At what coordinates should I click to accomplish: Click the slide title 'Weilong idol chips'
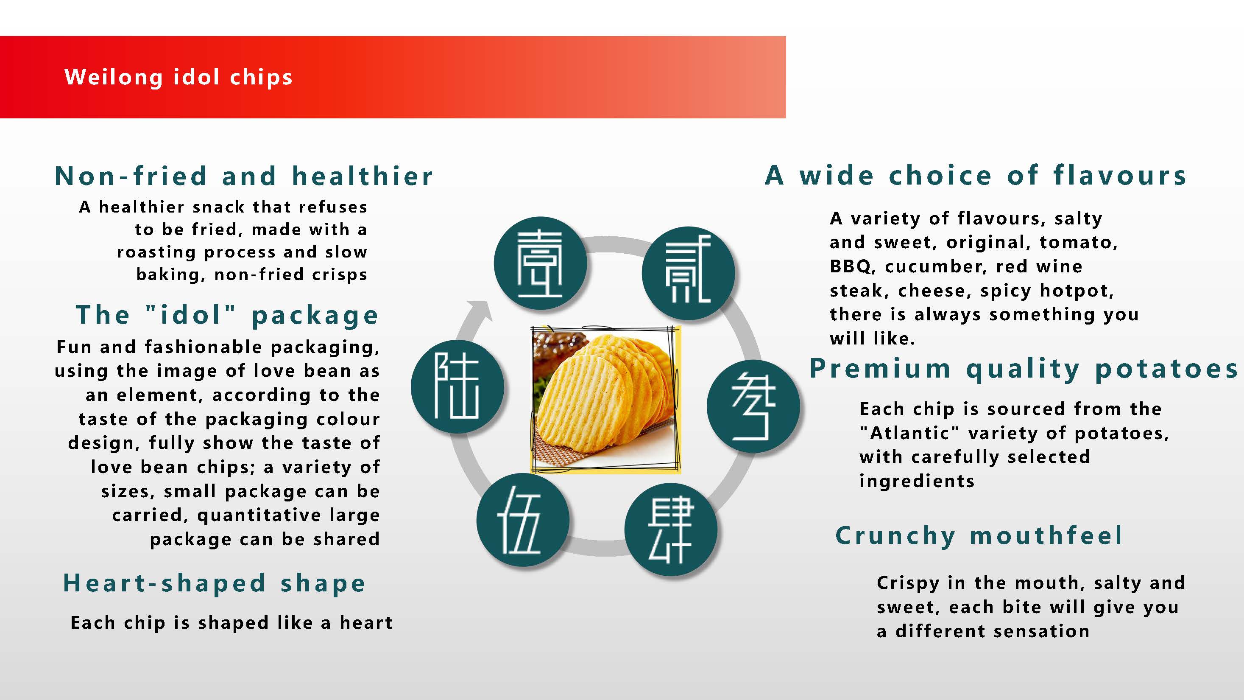(x=178, y=77)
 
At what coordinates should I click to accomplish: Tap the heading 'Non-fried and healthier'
(x=244, y=175)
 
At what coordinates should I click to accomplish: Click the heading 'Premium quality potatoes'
(x=1024, y=370)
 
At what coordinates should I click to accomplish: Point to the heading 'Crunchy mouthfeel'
(x=979, y=536)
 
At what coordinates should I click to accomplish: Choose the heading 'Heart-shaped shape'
(x=214, y=584)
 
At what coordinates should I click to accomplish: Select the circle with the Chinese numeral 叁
(x=753, y=406)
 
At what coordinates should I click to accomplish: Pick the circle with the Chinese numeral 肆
(x=671, y=529)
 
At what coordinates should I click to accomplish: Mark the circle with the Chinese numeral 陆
(x=458, y=386)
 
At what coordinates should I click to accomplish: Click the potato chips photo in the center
(x=605, y=399)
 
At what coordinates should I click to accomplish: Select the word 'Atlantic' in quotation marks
(x=910, y=433)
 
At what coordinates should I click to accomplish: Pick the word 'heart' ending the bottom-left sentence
(x=366, y=623)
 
